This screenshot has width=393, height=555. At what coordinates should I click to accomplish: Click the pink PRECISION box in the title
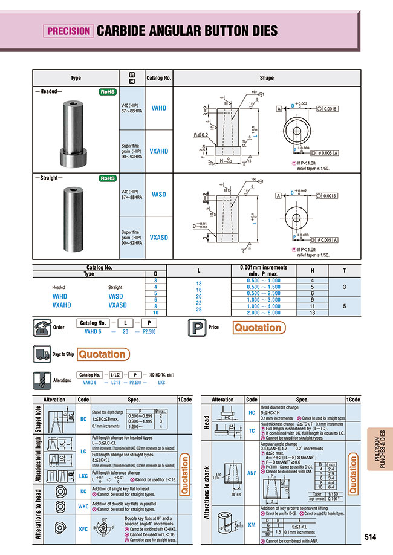coord(68,30)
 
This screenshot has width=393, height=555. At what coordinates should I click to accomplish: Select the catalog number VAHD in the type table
coord(159,107)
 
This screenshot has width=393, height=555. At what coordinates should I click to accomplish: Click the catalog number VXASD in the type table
coord(159,238)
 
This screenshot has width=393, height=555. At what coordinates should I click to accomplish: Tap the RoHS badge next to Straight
coord(108,178)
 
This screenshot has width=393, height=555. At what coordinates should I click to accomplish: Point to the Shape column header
coord(267,78)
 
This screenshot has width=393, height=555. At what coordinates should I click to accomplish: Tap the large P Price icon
coord(197,328)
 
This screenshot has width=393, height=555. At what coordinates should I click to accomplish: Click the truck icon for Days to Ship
coord(41,354)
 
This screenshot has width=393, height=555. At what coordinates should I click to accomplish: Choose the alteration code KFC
coord(83,528)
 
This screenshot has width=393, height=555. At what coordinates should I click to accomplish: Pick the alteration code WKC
coord(83,505)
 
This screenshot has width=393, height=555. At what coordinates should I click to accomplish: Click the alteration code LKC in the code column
coord(83,476)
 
